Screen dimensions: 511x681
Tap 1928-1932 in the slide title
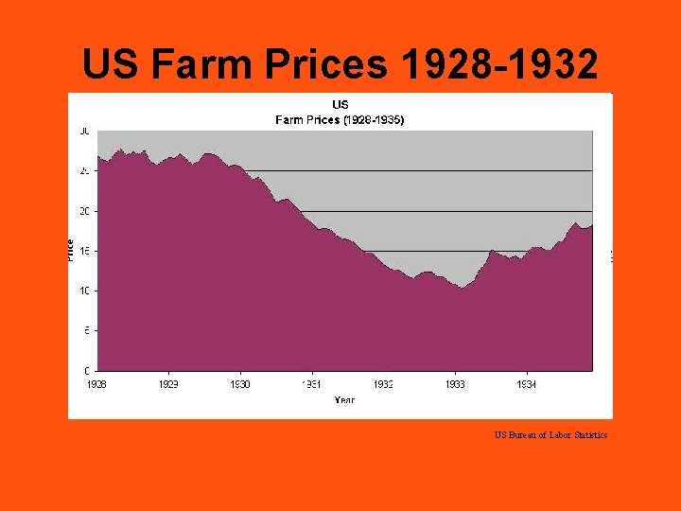click(x=498, y=64)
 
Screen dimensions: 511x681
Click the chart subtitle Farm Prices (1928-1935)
click(x=340, y=120)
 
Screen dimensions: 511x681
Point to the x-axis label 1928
click(x=97, y=385)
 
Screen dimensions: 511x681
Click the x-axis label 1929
click(x=168, y=385)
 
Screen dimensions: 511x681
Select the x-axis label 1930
click(x=240, y=385)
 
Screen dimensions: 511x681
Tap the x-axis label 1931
click(x=312, y=385)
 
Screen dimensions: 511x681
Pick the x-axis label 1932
click(x=383, y=385)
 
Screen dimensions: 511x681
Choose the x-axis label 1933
click(x=455, y=385)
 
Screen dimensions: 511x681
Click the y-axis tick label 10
click(x=85, y=291)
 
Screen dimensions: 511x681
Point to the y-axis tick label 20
click(x=85, y=211)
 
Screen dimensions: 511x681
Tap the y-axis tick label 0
click(x=88, y=370)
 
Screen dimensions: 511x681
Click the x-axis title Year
click(x=344, y=400)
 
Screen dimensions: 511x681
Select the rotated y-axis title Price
click(x=71, y=250)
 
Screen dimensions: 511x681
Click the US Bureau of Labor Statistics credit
click(x=550, y=435)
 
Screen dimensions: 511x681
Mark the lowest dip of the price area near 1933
click(x=461, y=288)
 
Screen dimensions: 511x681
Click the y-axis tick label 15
click(x=85, y=251)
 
